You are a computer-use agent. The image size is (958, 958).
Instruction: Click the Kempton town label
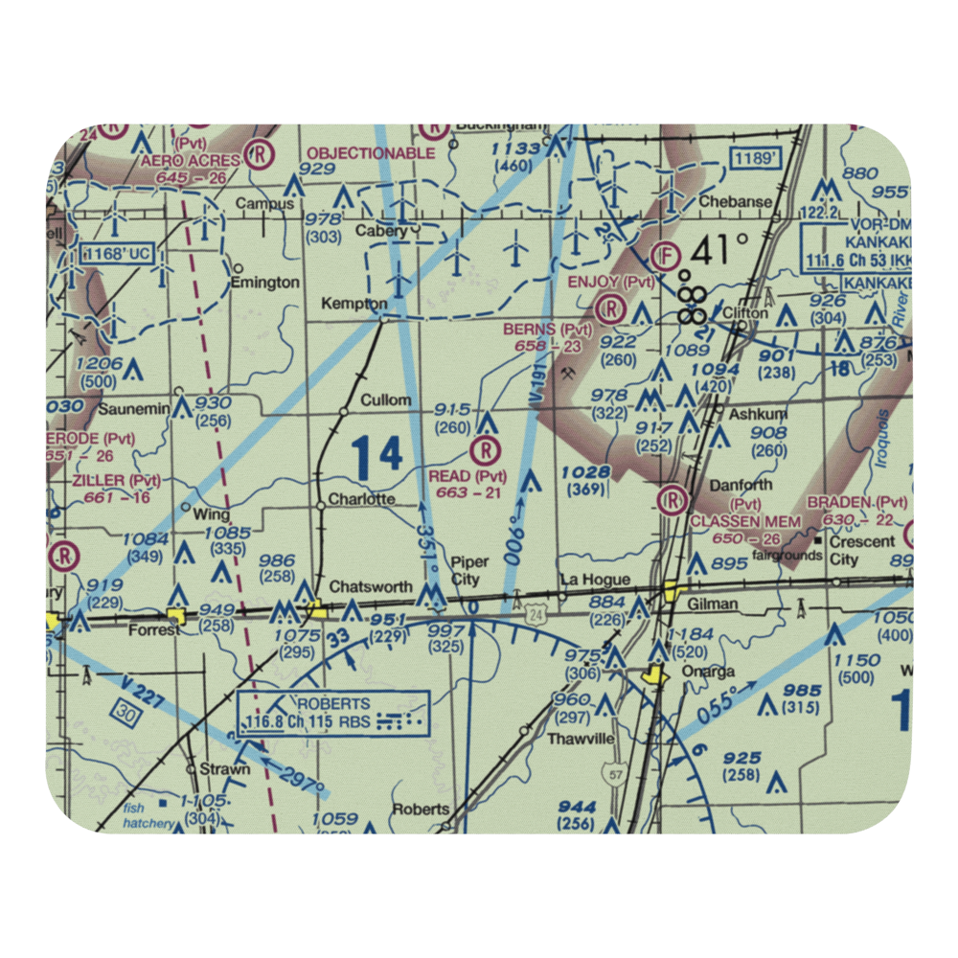click(355, 304)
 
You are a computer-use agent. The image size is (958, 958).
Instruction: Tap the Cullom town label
click(386, 399)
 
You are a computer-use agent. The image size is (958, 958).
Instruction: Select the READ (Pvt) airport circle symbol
click(487, 448)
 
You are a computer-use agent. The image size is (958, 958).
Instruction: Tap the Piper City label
click(469, 570)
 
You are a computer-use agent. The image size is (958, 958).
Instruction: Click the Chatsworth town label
click(371, 586)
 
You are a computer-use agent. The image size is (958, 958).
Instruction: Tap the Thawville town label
click(580, 739)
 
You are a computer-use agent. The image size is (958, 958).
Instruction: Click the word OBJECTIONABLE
click(371, 152)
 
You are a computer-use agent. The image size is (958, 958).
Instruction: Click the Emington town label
click(265, 283)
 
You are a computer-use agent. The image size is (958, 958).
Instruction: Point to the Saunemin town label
click(133, 409)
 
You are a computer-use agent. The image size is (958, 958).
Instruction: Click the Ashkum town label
click(759, 413)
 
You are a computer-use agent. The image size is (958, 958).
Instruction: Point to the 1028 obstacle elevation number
click(586, 471)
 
